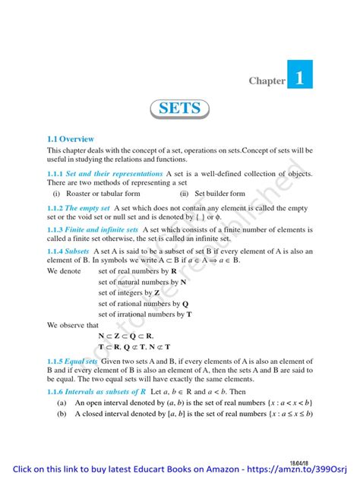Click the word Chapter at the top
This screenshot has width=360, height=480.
tap(267, 81)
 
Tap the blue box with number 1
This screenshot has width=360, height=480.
tap(300, 77)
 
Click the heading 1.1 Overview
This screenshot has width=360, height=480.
tap(71, 139)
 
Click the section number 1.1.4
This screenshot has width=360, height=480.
tap(59, 250)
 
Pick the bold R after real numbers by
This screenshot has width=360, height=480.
tap(175, 270)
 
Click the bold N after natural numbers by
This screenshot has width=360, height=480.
tap(182, 281)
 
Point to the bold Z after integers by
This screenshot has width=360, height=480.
tap(156, 292)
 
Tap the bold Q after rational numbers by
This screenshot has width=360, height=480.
tap(185, 303)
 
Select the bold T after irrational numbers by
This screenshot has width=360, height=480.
tap(189, 314)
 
